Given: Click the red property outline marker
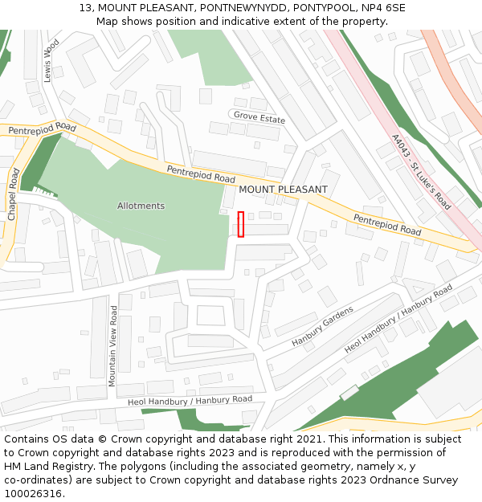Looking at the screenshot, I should [241, 224].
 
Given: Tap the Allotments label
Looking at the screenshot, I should [141, 206].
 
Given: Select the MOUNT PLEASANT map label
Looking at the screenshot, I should [284, 190].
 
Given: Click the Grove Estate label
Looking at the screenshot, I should [259, 118].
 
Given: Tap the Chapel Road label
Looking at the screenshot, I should [12, 195].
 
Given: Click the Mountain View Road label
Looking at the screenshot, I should [113, 346].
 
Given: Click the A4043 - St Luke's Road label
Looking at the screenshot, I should [422, 172].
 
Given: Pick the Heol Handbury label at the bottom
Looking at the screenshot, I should [190, 400].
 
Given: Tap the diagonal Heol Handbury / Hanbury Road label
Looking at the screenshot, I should [398, 319].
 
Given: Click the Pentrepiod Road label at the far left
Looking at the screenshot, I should [42, 129].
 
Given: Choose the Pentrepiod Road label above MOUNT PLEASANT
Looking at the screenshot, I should [201, 173].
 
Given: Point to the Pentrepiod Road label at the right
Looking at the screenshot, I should [387, 224].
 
